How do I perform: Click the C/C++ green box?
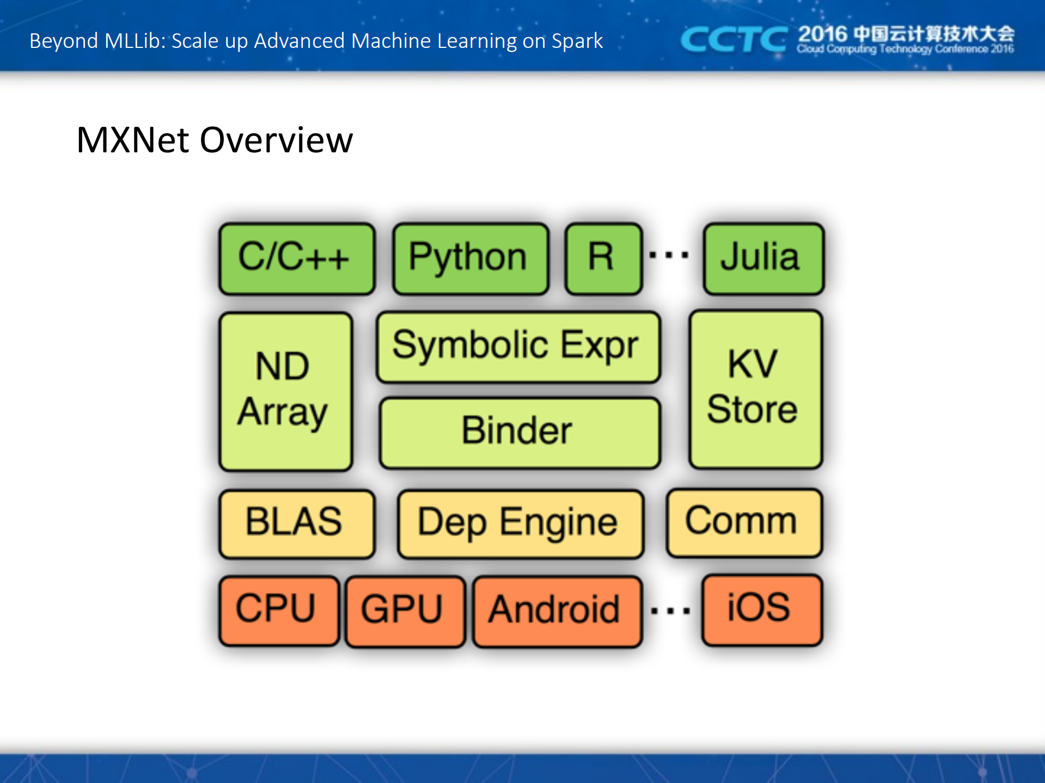[297, 258]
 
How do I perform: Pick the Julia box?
[763, 258]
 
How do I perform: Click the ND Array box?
[285, 391]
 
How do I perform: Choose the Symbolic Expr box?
[518, 346]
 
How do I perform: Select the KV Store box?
[755, 389]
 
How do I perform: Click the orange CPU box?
[278, 609]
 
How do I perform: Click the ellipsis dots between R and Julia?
[669, 254]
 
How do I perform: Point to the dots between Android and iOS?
[670, 611]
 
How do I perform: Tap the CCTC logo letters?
[733, 40]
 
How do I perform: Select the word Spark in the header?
[577, 41]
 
